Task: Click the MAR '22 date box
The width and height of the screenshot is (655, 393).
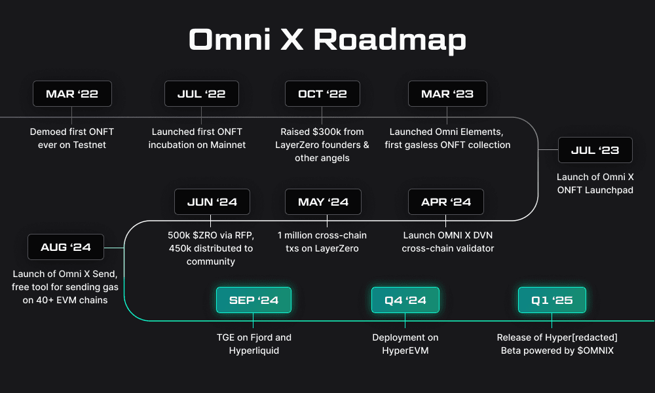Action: coord(72,94)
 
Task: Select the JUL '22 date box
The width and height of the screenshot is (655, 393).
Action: coord(201,94)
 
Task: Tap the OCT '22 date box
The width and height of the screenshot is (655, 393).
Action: coord(322,94)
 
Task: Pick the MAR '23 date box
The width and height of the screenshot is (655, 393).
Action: coord(447,94)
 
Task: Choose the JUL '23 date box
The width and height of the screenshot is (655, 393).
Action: coord(595,150)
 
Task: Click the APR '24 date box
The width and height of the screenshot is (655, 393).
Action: coord(445,202)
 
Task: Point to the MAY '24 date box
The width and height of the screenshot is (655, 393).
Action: coord(323,202)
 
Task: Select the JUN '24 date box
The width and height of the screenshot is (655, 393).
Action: coord(212,202)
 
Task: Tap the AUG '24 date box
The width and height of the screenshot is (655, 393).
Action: coord(65,247)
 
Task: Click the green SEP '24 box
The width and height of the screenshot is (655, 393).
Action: coord(253,300)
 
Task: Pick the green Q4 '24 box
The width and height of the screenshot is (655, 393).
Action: coord(405,300)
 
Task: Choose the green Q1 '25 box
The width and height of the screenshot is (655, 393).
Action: coord(552,300)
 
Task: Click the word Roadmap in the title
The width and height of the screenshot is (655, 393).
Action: coord(390,41)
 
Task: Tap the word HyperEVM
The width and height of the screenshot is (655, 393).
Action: coord(405,350)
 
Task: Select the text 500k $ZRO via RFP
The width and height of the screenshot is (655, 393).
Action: coord(210,235)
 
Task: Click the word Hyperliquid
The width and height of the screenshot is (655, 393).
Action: coord(253,350)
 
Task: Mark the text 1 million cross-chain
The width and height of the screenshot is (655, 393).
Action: coord(322,235)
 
